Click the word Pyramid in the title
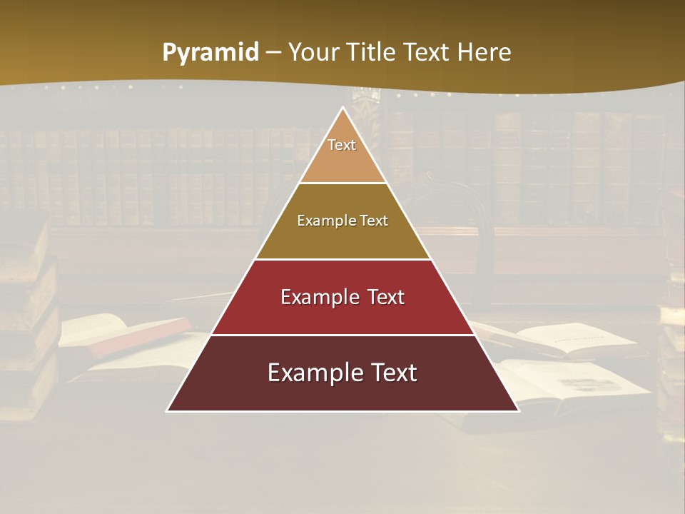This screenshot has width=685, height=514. point(210,53)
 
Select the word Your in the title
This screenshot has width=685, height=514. point(315,52)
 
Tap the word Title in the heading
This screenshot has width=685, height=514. point(373,52)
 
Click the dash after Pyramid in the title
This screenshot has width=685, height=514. point(273,53)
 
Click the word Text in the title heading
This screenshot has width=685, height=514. point(429,52)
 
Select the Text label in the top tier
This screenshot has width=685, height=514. point(342,145)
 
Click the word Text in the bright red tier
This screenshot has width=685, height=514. point(386,297)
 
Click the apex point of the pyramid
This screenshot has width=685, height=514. point(342,108)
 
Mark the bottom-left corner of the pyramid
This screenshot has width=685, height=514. point(168,410)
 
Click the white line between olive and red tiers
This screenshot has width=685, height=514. point(342,259)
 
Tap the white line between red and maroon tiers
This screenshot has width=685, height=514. point(342,335)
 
